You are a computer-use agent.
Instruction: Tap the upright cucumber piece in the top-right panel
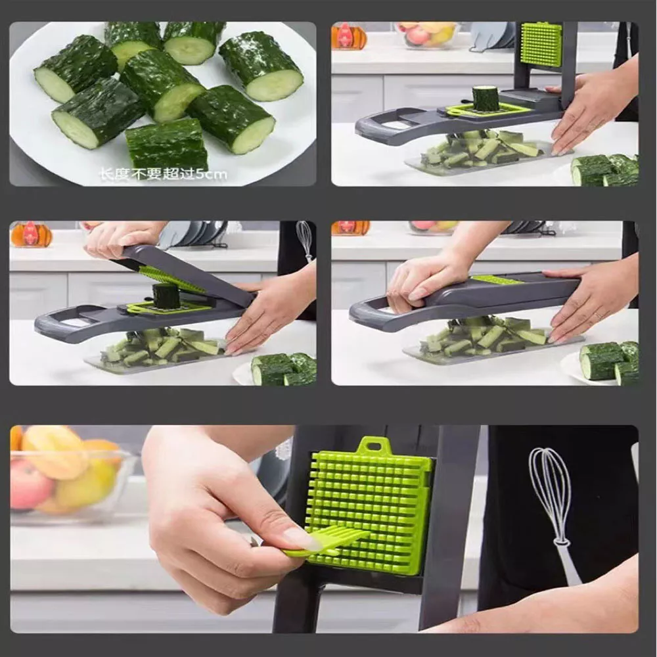click(x=484, y=99)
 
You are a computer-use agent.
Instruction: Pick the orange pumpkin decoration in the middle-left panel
click(x=31, y=234)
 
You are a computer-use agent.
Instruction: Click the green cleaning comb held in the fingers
click(x=326, y=543)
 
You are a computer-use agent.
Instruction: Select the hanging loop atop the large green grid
click(x=370, y=445)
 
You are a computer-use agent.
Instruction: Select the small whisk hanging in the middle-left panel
click(x=305, y=240)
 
